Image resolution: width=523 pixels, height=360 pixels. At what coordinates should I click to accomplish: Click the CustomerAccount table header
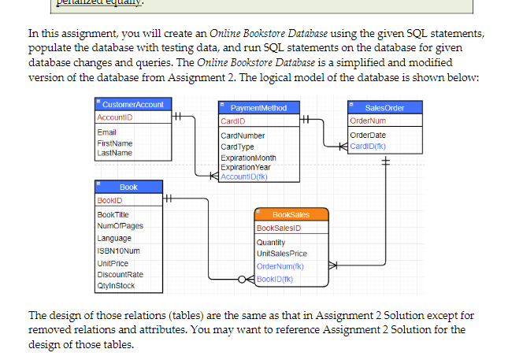pos(133,104)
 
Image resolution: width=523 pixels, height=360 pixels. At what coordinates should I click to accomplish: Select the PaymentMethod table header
pos(254,108)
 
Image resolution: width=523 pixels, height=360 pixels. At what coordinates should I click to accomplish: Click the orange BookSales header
pos(291,214)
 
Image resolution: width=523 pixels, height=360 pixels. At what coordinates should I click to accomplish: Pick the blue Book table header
pos(128,187)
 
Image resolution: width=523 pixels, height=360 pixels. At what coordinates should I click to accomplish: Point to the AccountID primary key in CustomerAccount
pos(114,117)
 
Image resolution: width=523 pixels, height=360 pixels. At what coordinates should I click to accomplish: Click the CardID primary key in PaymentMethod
pos(233,121)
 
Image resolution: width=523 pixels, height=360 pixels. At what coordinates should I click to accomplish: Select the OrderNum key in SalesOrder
pos(367,121)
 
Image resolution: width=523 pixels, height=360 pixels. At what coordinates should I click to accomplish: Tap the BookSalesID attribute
pos(280,228)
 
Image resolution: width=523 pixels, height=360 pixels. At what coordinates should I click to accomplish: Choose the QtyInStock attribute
pos(115,286)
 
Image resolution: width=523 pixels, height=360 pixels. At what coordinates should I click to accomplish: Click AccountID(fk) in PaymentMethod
pos(246,176)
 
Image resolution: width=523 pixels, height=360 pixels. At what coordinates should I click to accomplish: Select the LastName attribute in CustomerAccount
pos(113,152)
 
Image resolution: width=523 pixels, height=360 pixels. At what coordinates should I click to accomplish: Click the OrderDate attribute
pos(367,135)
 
